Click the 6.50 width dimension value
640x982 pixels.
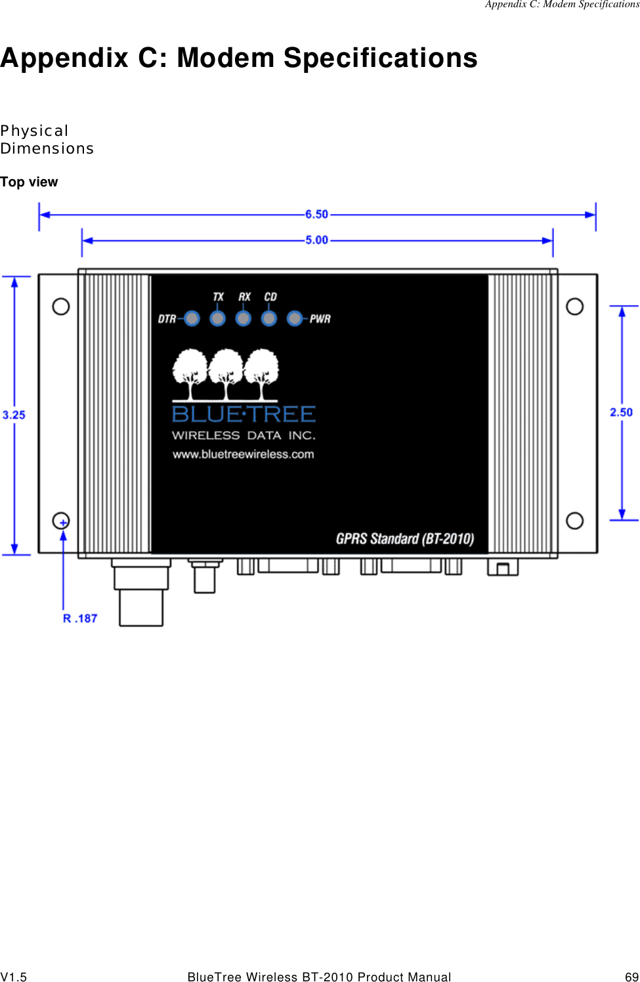pyautogui.click(x=316, y=215)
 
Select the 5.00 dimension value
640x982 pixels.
pyautogui.click(x=316, y=240)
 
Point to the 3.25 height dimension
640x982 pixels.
pyautogui.click(x=14, y=415)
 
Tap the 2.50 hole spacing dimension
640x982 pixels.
pyautogui.click(x=621, y=412)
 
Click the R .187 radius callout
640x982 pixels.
pyautogui.click(x=80, y=618)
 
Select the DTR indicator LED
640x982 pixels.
pyautogui.click(x=192, y=318)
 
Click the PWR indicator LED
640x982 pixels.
pyautogui.click(x=295, y=318)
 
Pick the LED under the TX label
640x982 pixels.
pyautogui.click(x=217, y=318)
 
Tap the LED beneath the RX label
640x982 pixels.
pyautogui.click(x=244, y=318)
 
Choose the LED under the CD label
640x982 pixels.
pyautogui.click(x=269, y=318)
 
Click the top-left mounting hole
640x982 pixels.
pyautogui.click(x=61, y=307)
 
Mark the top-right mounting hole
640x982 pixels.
pyautogui.click(x=575, y=307)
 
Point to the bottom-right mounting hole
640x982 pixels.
pyautogui.click(x=575, y=521)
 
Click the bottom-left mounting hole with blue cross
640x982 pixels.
pyautogui.click(x=61, y=521)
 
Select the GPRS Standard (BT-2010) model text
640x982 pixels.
pyautogui.click(x=404, y=539)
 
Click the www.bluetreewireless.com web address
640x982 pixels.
pyautogui.click(x=244, y=454)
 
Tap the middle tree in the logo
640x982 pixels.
pyautogui.click(x=226, y=374)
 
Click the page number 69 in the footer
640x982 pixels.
pyautogui.click(x=631, y=977)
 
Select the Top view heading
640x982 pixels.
pyautogui.click(x=29, y=182)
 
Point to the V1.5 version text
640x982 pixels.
pyautogui.click(x=14, y=977)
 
